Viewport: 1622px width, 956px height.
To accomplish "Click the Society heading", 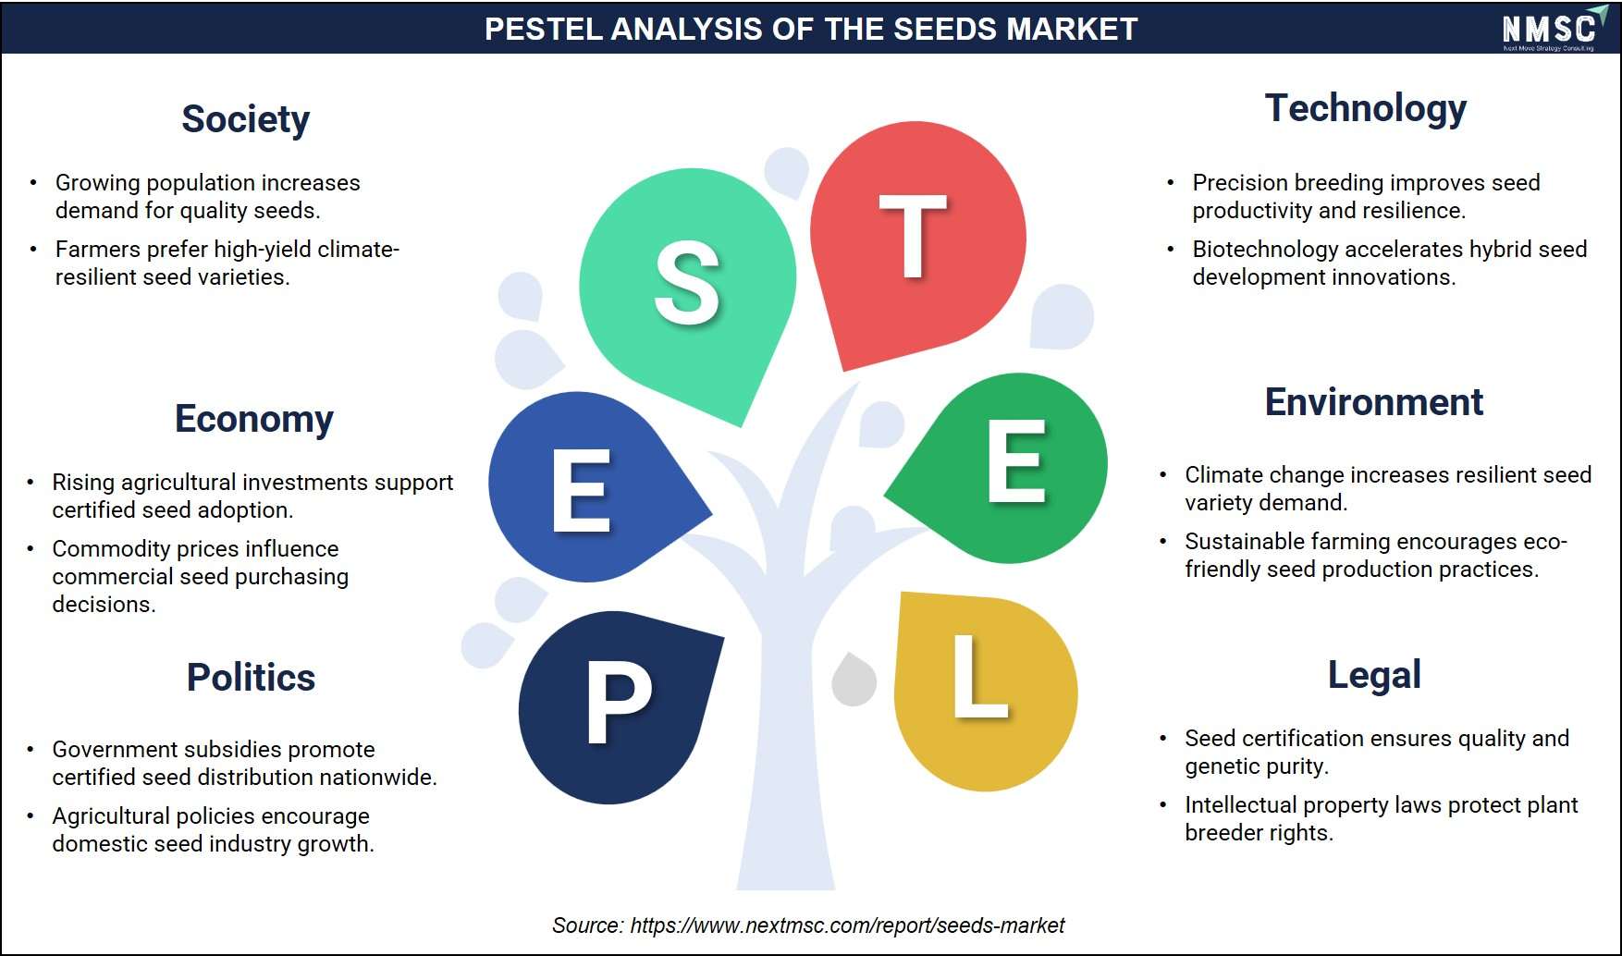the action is click(245, 120).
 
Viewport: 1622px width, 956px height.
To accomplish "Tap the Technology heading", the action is click(1366, 108).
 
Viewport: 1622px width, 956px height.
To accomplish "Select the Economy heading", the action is click(254, 420).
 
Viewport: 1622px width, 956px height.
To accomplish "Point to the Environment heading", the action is click(1373, 402).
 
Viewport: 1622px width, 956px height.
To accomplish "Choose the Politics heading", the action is click(251, 678).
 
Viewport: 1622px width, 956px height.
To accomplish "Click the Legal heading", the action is click(1374, 676).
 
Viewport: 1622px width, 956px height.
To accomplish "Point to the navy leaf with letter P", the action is click(617, 705).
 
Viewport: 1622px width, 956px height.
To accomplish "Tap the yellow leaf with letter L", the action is click(985, 691).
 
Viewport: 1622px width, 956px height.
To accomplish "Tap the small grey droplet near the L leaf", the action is click(854, 679).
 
